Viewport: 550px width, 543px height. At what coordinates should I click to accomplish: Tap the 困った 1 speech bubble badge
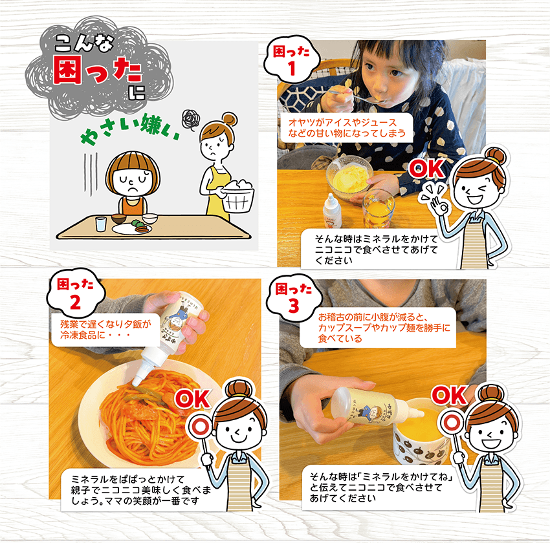coord(292,61)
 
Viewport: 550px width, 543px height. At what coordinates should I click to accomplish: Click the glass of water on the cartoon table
coord(100,224)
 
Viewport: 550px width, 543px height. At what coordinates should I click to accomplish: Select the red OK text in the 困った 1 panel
coord(426,169)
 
